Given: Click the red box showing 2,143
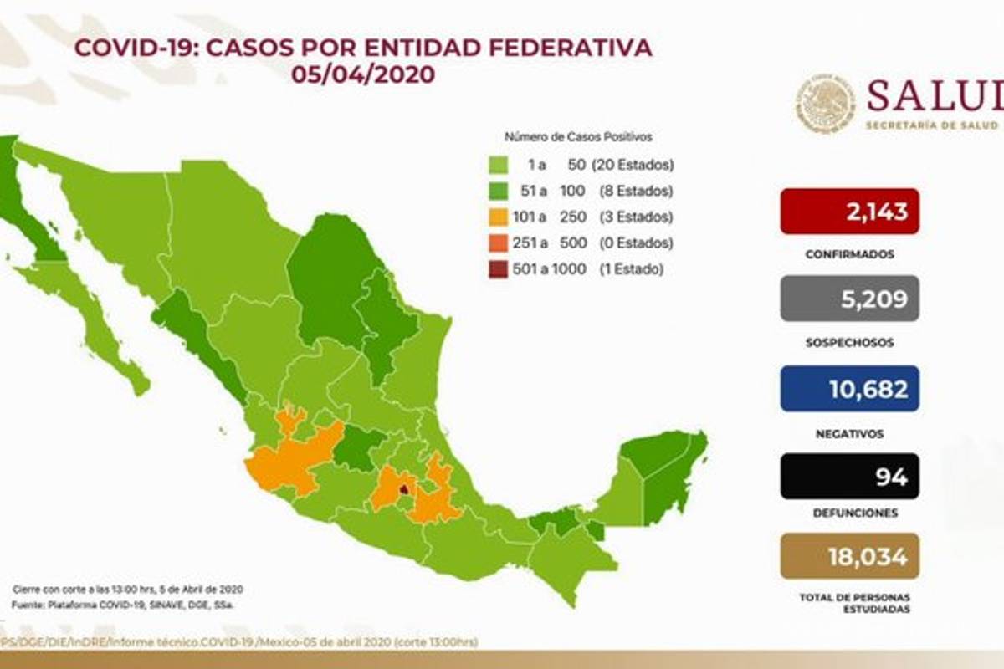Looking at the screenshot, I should pyautogui.click(x=849, y=211).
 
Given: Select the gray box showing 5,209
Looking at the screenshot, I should pyautogui.click(x=849, y=299).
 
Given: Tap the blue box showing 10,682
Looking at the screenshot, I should pyautogui.click(x=849, y=388).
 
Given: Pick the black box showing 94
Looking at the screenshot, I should pyautogui.click(x=849, y=476).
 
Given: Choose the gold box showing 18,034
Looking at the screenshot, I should pyautogui.click(x=849, y=556).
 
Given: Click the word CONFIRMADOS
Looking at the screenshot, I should pyautogui.click(x=849, y=253).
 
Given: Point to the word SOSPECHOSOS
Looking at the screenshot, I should pyautogui.click(x=849, y=342).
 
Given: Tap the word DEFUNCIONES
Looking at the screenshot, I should pyautogui.click(x=849, y=513).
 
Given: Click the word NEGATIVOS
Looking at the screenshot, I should pyautogui.click(x=849, y=434).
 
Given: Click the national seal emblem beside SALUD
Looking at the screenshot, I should pyautogui.click(x=825, y=104).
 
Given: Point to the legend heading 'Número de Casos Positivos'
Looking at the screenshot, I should pyautogui.click(x=577, y=136).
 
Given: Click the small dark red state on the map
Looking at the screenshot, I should pyautogui.click(x=405, y=489).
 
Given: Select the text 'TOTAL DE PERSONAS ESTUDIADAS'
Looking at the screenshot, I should pyautogui.click(x=849, y=603).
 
